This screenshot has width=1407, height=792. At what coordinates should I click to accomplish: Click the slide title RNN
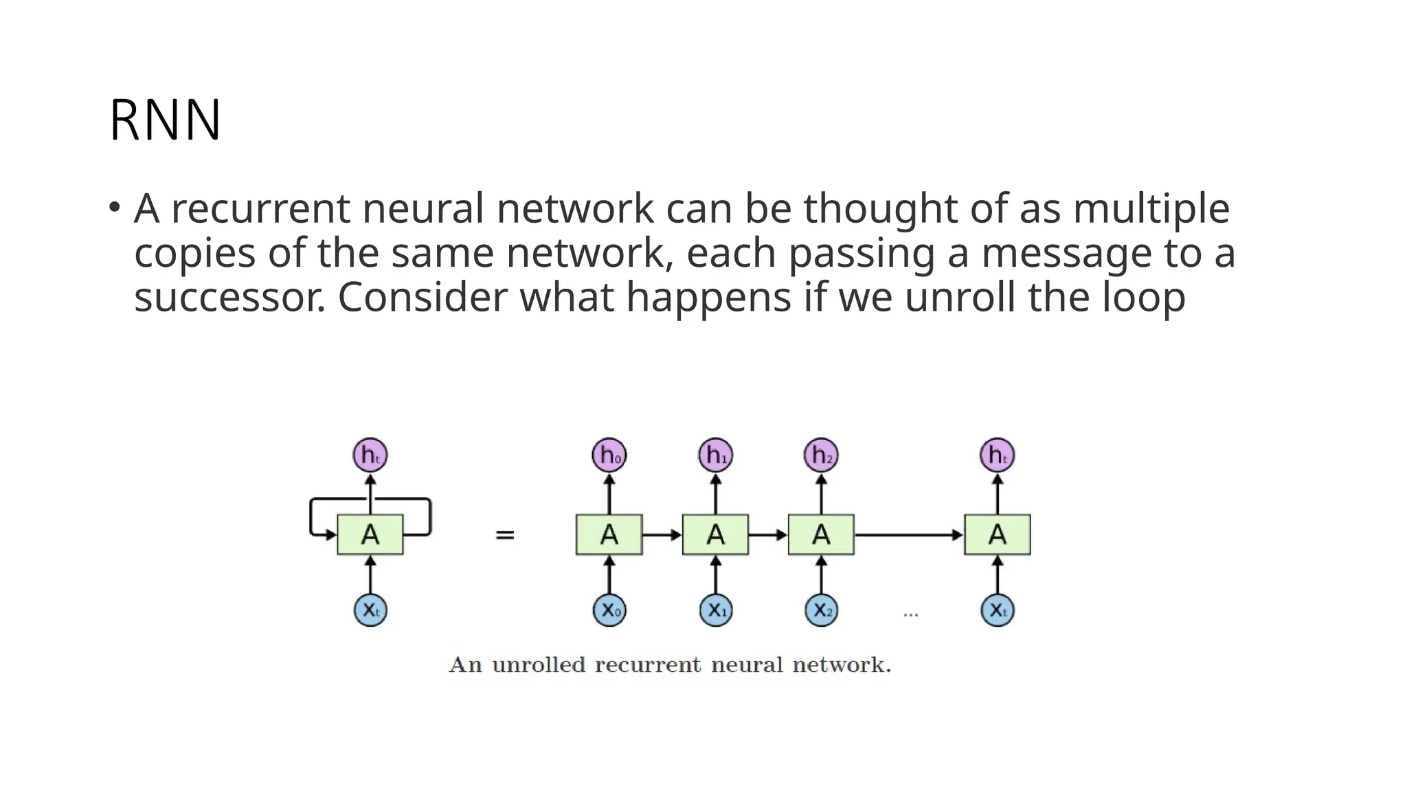pyautogui.click(x=165, y=120)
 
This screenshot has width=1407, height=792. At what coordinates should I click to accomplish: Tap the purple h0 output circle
pyautogui.click(x=609, y=455)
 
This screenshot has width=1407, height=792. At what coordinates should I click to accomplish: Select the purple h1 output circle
pyautogui.click(x=715, y=455)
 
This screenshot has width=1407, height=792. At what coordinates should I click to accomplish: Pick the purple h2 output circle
pyautogui.click(x=821, y=455)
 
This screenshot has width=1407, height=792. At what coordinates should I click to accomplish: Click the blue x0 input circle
pyautogui.click(x=609, y=610)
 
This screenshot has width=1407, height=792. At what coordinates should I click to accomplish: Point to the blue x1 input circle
pyautogui.click(x=715, y=610)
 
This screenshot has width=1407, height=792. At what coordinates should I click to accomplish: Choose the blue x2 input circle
pyautogui.click(x=821, y=610)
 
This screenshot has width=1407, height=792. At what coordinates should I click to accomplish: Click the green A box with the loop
pyautogui.click(x=370, y=534)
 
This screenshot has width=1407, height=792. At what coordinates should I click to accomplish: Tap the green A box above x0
pyautogui.click(x=609, y=534)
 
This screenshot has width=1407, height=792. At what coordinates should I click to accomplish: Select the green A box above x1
pyautogui.click(x=715, y=534)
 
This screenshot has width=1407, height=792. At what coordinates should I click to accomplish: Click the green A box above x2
pyautogui.click(x=821, y=534)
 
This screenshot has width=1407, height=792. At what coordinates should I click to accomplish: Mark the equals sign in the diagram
pyautogui.click(x=505, y=535)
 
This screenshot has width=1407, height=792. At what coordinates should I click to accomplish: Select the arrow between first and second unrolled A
pyautogui.click(x=662, y=534)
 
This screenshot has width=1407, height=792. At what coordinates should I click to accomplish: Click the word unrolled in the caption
pyautogui.click(x=539, y=665)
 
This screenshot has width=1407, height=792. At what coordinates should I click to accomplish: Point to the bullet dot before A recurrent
pyautogui.click(x=114, y=206)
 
